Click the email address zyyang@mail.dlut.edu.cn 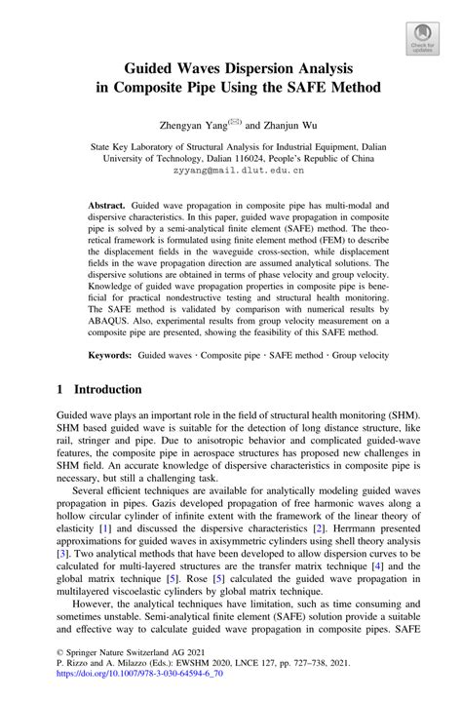(x=231, y=170)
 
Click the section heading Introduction (x=102, y=389)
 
